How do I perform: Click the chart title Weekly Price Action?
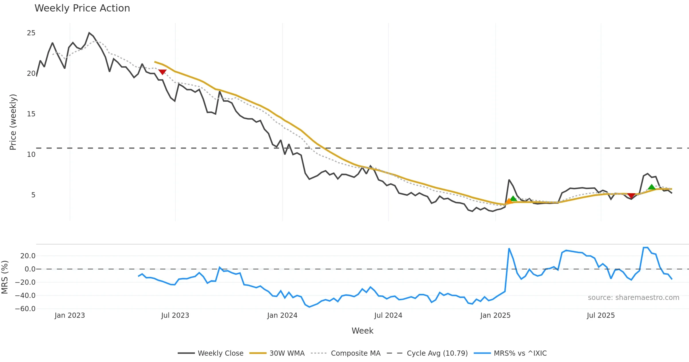coord(82,8)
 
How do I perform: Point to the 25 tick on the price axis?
coord(31,33)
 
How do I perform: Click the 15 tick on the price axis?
coord(31,114)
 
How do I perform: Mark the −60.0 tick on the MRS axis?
coord(25,309)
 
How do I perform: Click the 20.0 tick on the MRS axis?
coord(28,256)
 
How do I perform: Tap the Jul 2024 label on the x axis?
coord(388,315)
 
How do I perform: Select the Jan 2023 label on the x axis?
coord(70,315)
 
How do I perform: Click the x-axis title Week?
coord(362,331)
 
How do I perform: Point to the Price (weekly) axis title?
coord(13,122)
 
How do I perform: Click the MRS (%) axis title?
coord(5,277)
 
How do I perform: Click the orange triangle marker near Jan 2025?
coord(509,201)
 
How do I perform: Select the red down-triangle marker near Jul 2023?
coord(162,72)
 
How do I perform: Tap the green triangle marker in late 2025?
coord(651,187)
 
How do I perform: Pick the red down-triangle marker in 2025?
coord(631,196)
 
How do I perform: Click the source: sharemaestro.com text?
coord(633,298)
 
